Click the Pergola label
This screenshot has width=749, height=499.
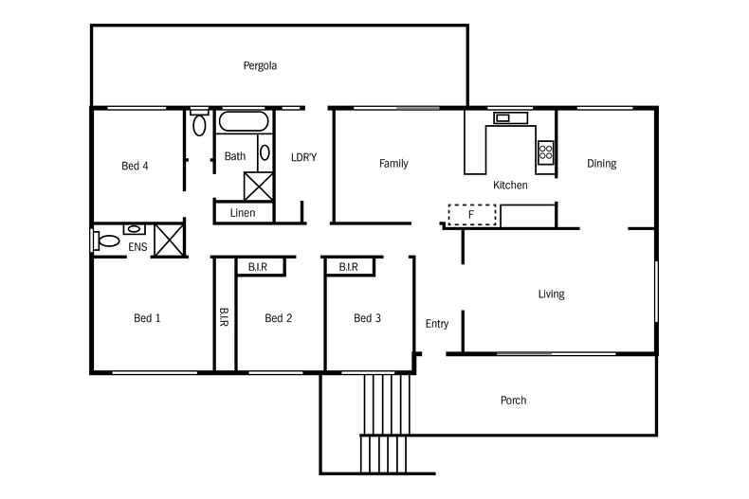point(258,66)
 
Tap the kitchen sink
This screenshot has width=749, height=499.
point(502,118)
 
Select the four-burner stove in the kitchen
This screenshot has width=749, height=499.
point(546,151)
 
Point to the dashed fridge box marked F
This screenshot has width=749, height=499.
point(472,216)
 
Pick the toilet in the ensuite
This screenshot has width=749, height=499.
point(104,241)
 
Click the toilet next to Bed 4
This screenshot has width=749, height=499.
point(199,124)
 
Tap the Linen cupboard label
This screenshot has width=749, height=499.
point(243,213)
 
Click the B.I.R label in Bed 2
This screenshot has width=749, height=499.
point(258,268)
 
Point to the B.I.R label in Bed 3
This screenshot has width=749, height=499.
point(347,268)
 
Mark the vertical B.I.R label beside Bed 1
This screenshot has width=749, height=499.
point(224,317)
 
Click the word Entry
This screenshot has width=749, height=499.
point(436,324)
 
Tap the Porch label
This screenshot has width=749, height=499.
point(513,401)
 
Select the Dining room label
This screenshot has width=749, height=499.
point(601,164)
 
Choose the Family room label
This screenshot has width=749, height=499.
point(393,164)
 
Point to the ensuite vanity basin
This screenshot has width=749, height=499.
point(135,228)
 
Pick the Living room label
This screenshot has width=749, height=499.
point(551,294)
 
